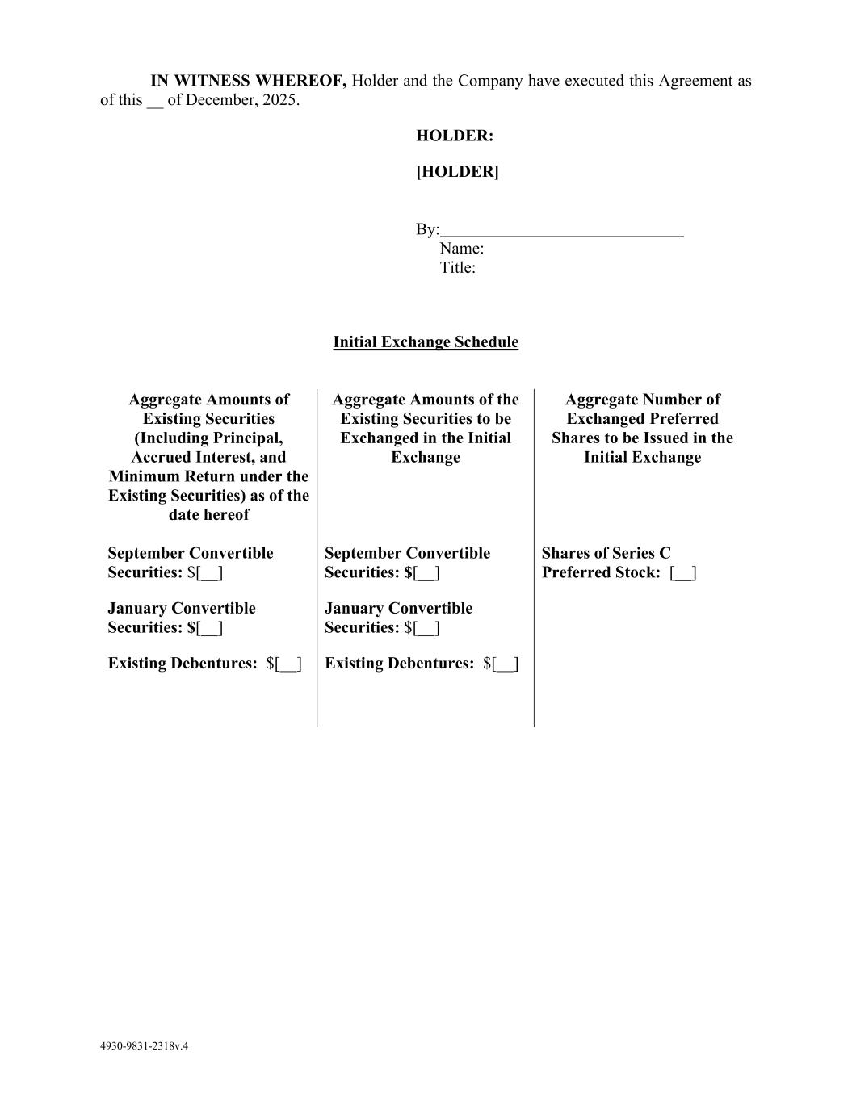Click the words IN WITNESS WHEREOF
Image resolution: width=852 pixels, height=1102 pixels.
coord(249,81)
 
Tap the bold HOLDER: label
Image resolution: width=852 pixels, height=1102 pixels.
coord(455,136)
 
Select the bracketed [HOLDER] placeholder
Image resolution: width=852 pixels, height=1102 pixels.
coord(457,171)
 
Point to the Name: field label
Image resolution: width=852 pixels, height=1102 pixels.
coord(461,249)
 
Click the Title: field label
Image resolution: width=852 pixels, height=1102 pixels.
coord(457,268)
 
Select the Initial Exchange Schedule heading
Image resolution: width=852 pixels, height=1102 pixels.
coord(426,342)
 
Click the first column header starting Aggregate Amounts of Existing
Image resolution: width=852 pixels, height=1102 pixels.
coord(208,457)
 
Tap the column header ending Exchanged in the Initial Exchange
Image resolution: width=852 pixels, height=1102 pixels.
coord(426,428)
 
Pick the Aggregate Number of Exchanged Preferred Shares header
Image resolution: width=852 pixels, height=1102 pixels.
coord(642,428)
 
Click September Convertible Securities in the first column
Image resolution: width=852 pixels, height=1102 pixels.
coord(191,563)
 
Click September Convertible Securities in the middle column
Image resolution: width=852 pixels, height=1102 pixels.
coord(407,563)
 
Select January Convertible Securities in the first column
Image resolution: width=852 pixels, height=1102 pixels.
coord(182,618)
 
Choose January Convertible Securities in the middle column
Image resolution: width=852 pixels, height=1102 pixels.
coord(398,618)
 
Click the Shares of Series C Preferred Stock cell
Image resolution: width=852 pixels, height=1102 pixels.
coord(619,563)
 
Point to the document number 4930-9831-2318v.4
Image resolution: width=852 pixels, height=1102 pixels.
coord(144,1046)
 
